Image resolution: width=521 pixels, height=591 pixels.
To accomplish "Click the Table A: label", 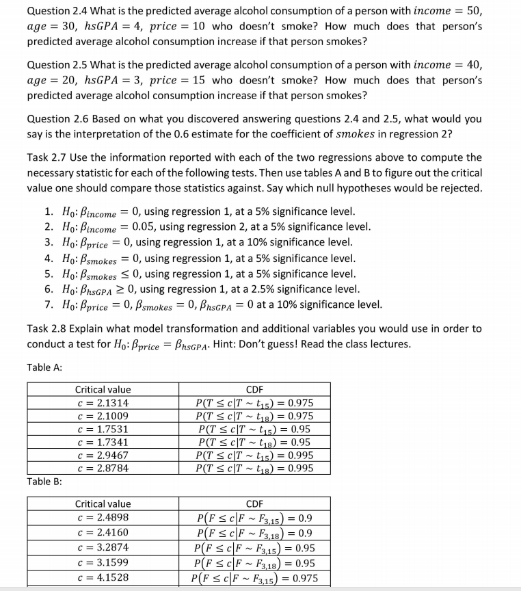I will (x=45, y=367).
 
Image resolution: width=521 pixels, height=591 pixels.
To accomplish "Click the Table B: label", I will (x=45, y=482).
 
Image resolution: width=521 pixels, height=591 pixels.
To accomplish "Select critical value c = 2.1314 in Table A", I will (x=103, y=403).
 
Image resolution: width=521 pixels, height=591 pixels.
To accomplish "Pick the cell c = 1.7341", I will (x=103, y=443).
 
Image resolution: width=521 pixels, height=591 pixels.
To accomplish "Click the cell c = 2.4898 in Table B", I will (x=103, y=518).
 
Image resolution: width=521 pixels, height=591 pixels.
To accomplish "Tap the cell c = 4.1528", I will (x=103, y=578).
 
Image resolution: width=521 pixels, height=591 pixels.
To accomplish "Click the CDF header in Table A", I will (x=254, y=389).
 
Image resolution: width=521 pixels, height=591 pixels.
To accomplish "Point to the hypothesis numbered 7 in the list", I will (x=212, y=304).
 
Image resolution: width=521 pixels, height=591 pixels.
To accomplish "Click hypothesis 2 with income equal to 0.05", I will (x=205, y=226).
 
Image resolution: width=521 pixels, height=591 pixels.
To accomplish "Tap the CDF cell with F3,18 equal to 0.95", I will (x=254, y=563).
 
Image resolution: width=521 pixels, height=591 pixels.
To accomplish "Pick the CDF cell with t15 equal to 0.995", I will (x=254, y=456).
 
